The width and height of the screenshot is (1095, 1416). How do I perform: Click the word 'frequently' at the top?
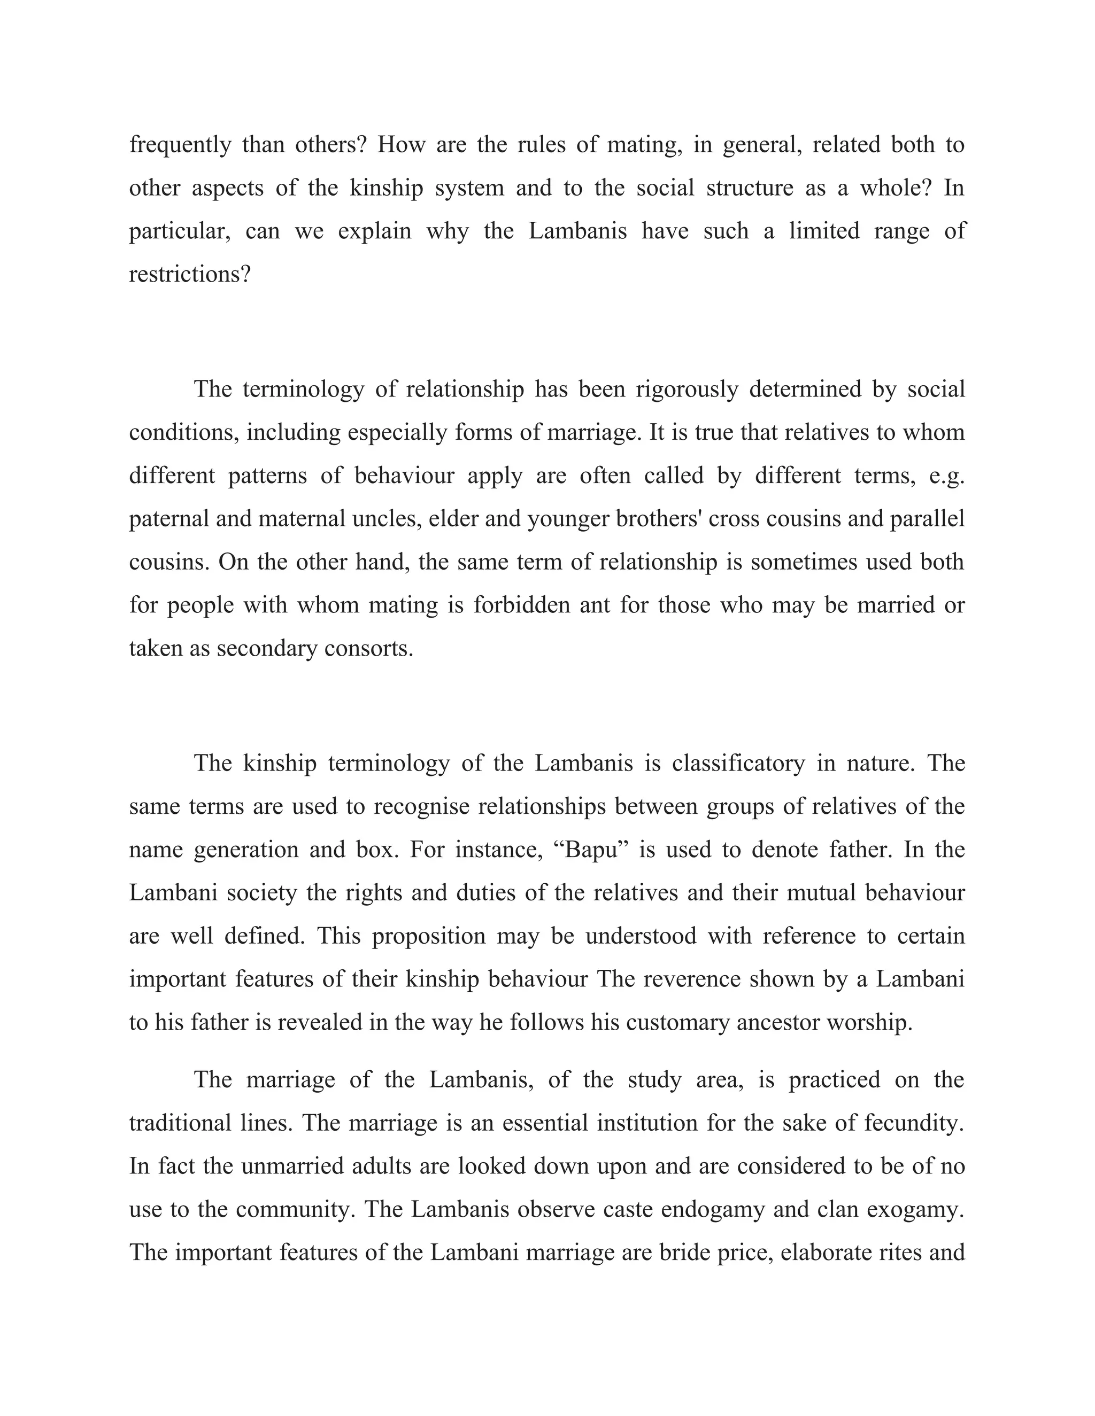[x=180, y=145]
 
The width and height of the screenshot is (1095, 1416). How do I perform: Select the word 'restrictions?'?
[x=189, y=274]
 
